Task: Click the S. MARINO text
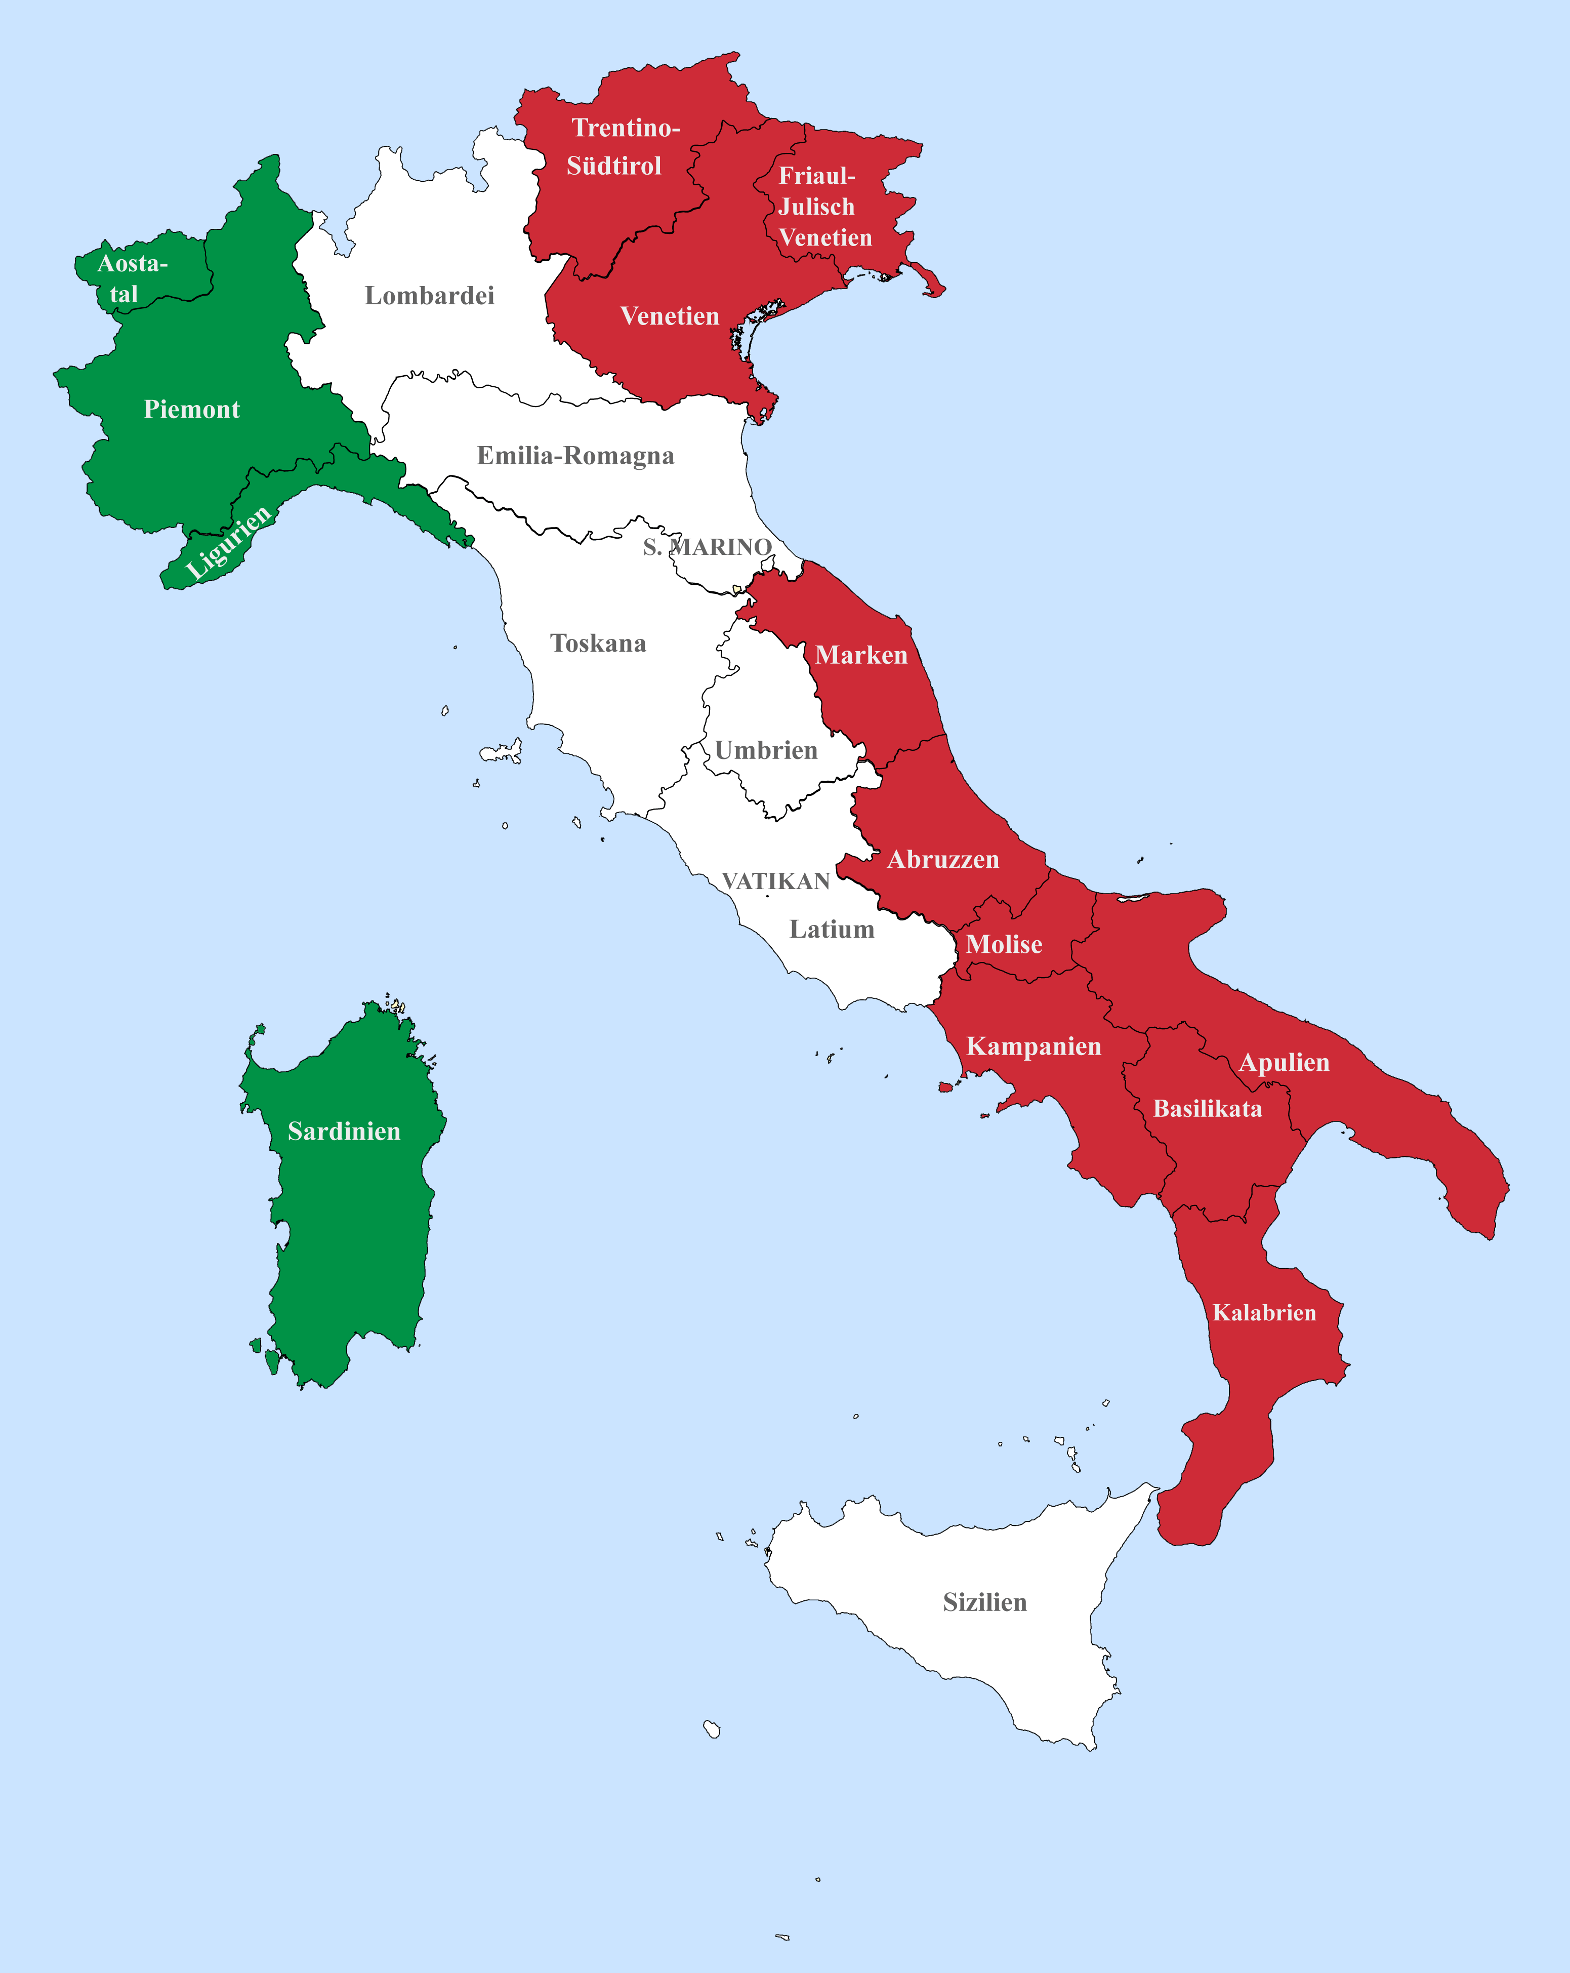(x=707, y=547)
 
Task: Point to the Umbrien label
(x=766, y=750)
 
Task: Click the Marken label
(x=861, y=655)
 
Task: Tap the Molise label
(x=1004, y=944)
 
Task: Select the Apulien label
(x=1284, y=1063)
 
